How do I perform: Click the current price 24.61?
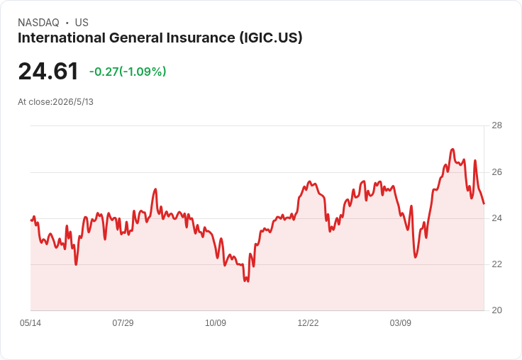(48, 72)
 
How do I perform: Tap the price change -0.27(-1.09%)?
(128, 72)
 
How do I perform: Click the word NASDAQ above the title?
(38, 23)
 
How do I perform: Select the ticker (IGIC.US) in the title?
(271, 38)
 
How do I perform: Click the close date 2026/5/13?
(73, 102)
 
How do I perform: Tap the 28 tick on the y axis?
(496, 125)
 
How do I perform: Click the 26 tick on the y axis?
(496, 172)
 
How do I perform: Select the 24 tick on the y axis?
(496, 218)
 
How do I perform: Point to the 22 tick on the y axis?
(496, 264)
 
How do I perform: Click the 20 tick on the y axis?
(496, 310)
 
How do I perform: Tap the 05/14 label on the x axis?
(30, 322)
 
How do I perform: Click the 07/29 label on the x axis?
(123, 322)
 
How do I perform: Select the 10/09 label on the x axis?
(216, 322)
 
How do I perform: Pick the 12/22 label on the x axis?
(308, 322)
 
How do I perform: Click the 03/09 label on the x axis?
(401, 322)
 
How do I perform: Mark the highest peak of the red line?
(452, 149)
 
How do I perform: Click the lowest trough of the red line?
(246, 281)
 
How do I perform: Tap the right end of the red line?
(484, 203)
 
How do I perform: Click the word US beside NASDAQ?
(82, 23)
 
